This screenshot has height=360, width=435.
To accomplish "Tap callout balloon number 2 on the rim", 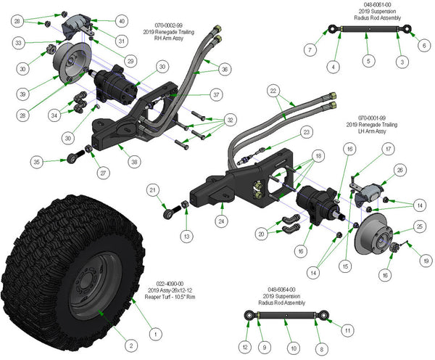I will (131, 345).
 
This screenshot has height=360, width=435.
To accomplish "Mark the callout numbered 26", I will (398, 171).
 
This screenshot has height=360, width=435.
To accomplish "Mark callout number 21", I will (153, 190).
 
